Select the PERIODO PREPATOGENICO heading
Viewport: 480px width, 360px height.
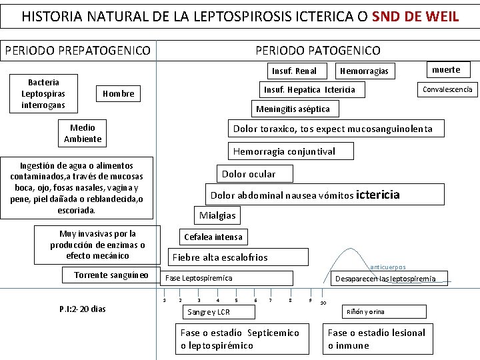coord(77,50)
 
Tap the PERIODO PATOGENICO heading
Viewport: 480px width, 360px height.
coord(318,50)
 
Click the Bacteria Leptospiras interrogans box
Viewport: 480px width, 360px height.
coord(43,93)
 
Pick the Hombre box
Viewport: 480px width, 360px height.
coord(119,94)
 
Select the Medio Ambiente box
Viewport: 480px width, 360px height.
coord(83,133)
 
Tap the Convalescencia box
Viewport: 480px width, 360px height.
coord(447,89)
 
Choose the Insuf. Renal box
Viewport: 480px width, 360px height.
coord(294,71)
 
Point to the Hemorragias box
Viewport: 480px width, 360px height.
coord(364,71)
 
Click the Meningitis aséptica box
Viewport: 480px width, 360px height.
coord(293,109)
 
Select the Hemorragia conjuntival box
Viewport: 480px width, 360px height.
coord(284,151)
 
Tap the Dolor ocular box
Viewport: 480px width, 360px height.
coord(248,174)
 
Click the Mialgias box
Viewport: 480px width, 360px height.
coord(217,215)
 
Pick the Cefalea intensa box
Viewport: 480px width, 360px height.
coord(213,237)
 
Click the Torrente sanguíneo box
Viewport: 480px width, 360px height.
coord(111,275)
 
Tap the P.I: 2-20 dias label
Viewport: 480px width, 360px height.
coord(83,309)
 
